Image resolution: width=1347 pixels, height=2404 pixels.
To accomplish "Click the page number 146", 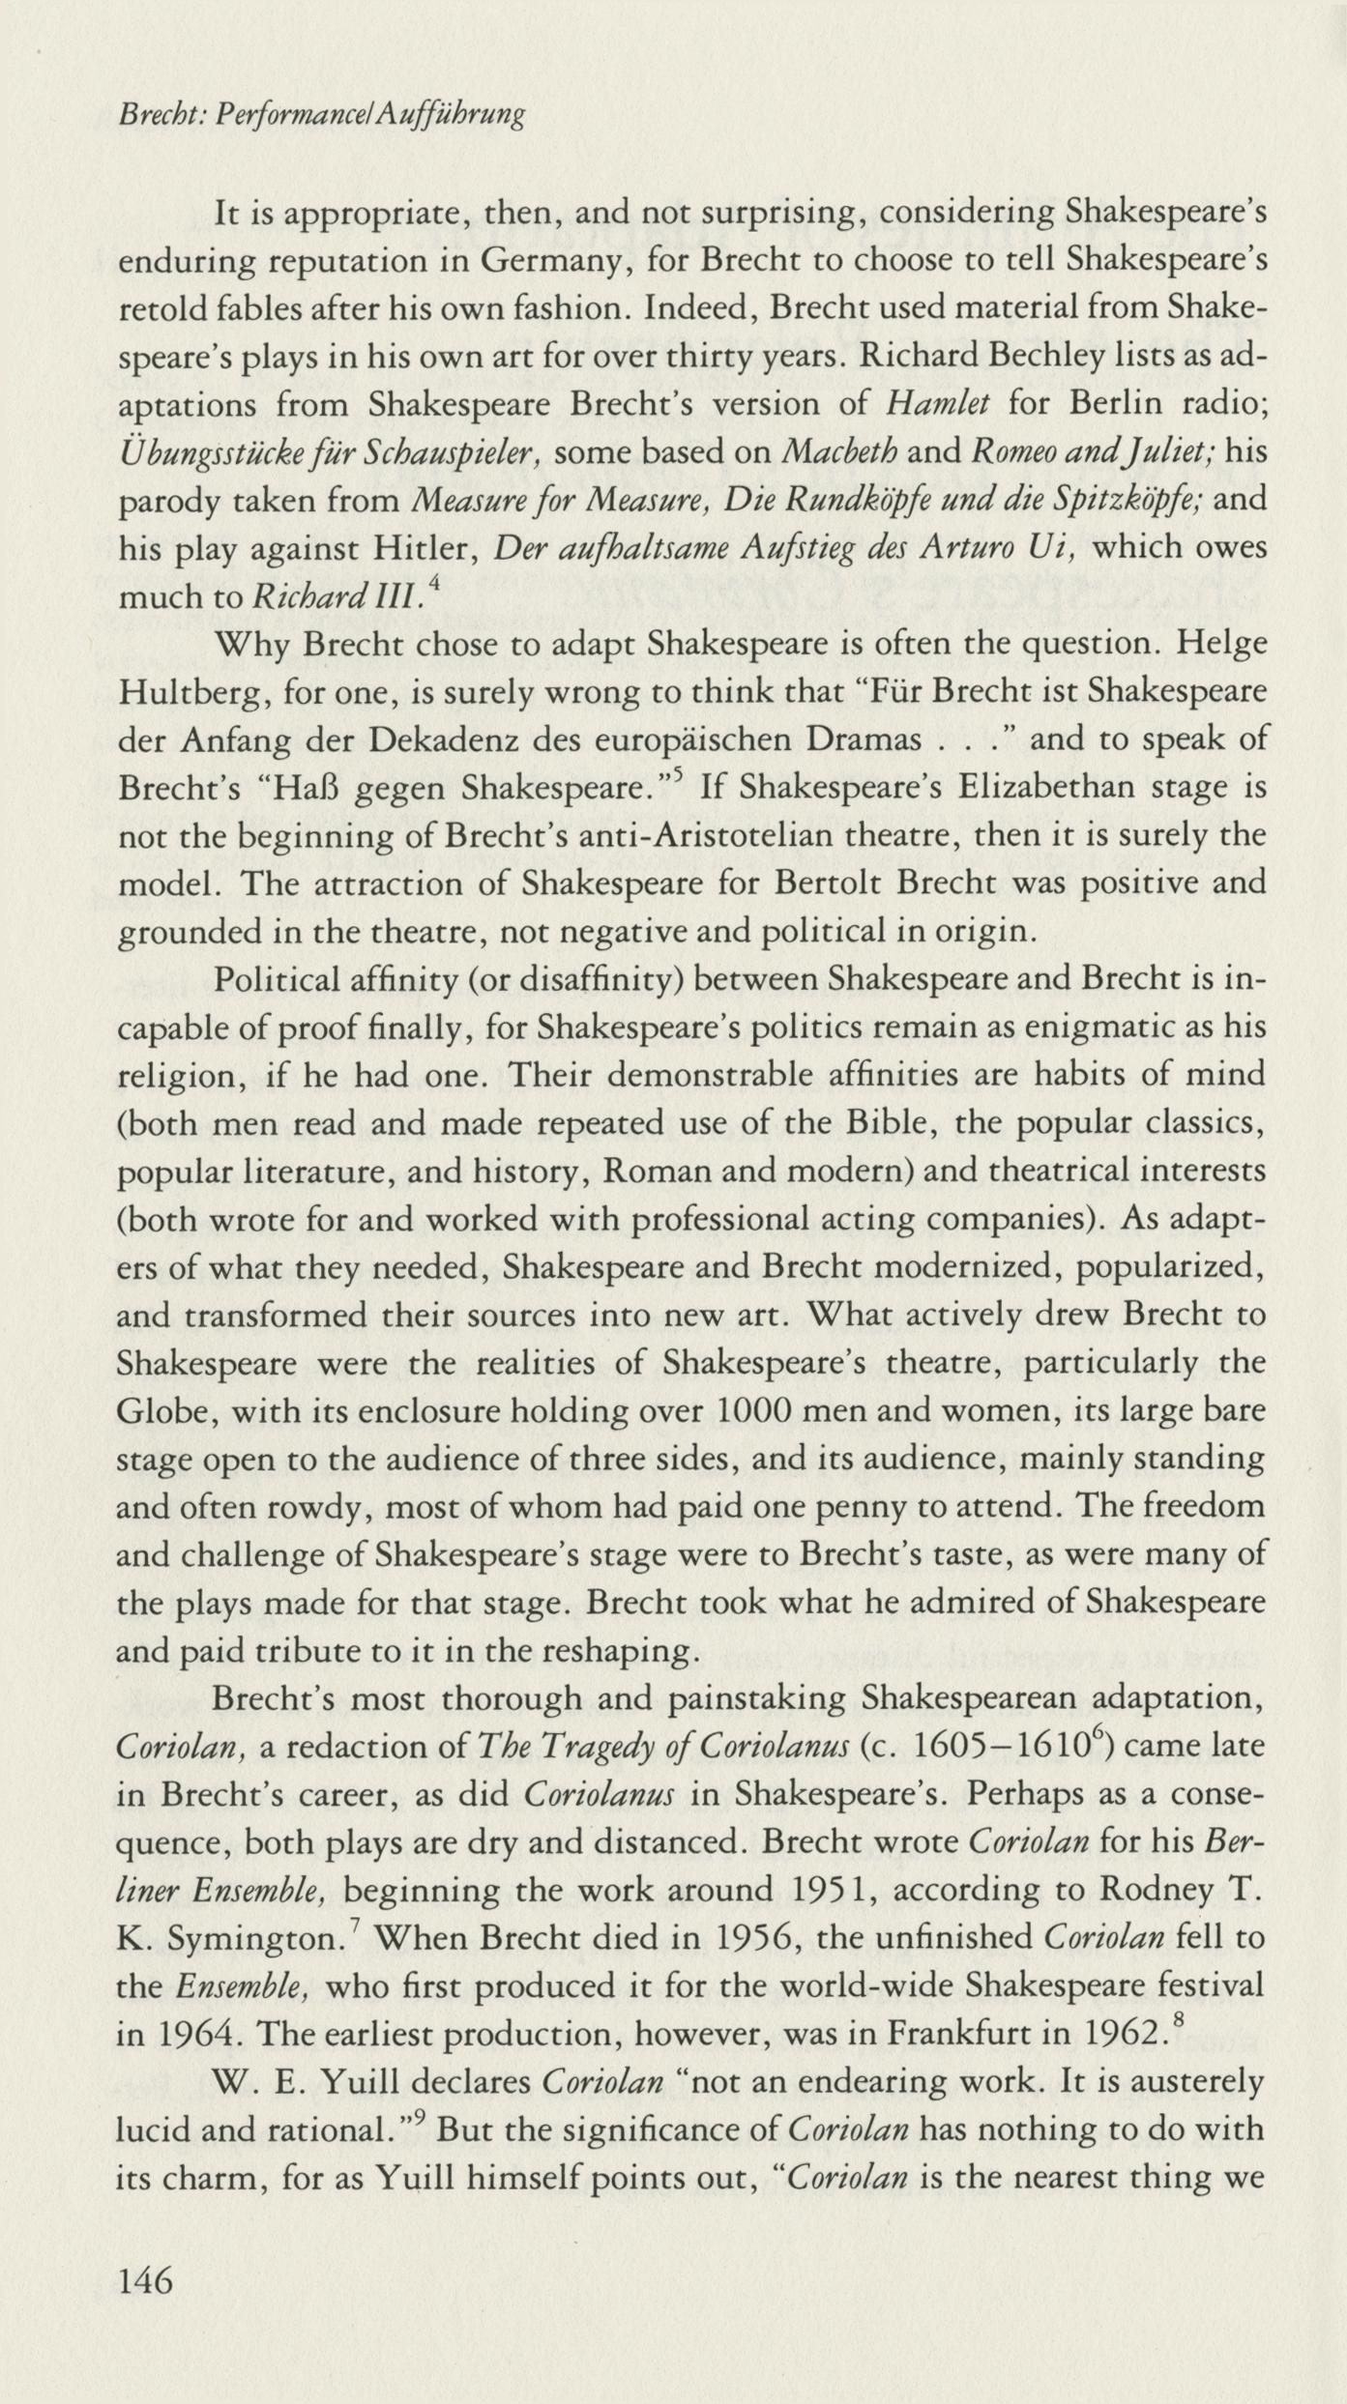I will pyautogui.click(x=144, y=2281).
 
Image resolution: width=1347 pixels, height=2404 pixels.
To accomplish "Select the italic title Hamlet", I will pyautogui.click(x=937, y=404).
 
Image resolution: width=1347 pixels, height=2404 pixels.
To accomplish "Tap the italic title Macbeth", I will pyautogui.click(x=839, y=452).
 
